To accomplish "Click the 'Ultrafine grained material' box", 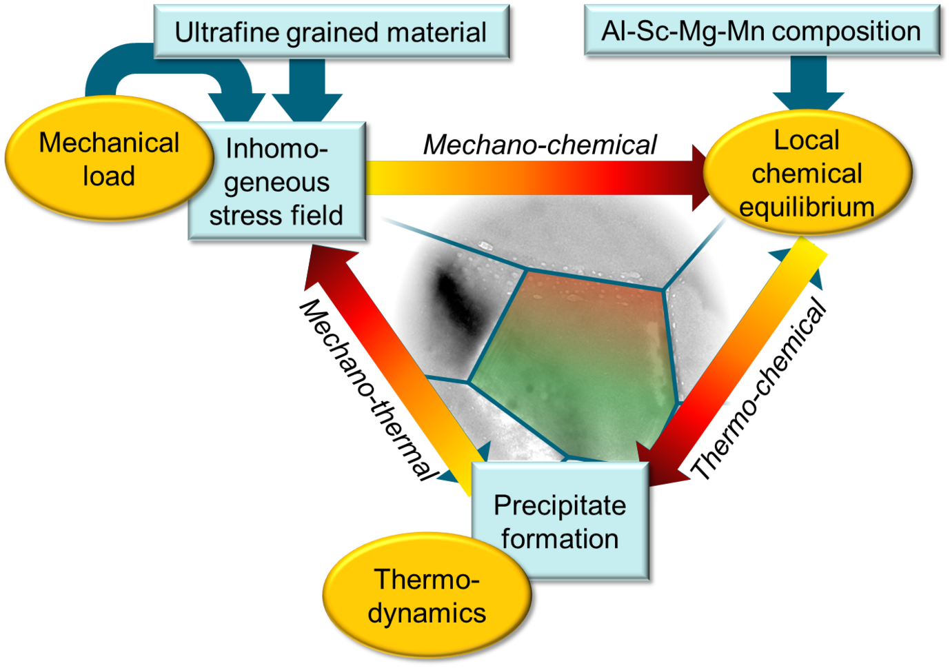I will point(331,32).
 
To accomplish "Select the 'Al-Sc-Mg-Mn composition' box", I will point(761,30).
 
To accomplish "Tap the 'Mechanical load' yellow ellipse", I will point(109,159).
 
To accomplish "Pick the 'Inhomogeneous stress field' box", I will point(276,181).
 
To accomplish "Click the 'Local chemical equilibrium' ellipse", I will point(807,173).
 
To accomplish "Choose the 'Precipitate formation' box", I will point(560,521).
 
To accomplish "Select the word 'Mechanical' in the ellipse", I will point(109,143).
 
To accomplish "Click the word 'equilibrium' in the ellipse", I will point(807,207).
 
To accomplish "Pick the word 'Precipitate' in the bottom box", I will point(560,505).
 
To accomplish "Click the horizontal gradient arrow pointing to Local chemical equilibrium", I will point(531,177).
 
